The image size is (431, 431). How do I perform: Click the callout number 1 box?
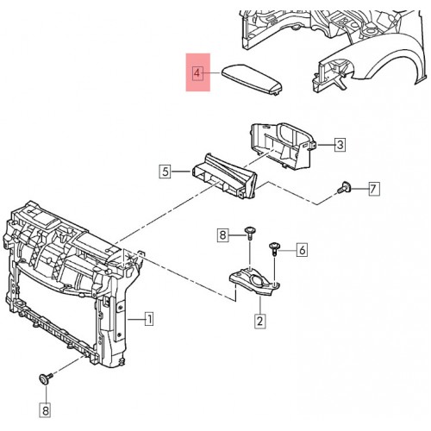tap(149, 319)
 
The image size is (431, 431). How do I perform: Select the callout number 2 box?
tap(259, 321)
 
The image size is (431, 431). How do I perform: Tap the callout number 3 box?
tap(340, 144)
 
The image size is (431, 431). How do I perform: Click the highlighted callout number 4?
tap(197, 73)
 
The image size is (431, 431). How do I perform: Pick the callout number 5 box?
tap(165, 172)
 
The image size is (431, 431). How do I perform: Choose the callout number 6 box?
tap(302, 250)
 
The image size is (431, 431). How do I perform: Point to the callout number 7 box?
tap(372, 189)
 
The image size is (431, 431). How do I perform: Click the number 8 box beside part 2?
tap(222, 235)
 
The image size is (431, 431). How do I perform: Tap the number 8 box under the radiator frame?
tap(46, 410)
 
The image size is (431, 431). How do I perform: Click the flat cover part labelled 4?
tap(252, 78)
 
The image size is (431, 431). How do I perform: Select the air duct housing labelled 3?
tap(283, 145)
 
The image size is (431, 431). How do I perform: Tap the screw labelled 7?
tap(344, 188)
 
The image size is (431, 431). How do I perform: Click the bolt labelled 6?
tap(273, 249)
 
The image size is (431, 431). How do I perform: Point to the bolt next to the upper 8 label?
tap(250, 233)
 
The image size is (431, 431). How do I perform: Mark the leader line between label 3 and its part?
tap(326, 145)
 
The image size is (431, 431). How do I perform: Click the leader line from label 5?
tap(181, 172)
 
